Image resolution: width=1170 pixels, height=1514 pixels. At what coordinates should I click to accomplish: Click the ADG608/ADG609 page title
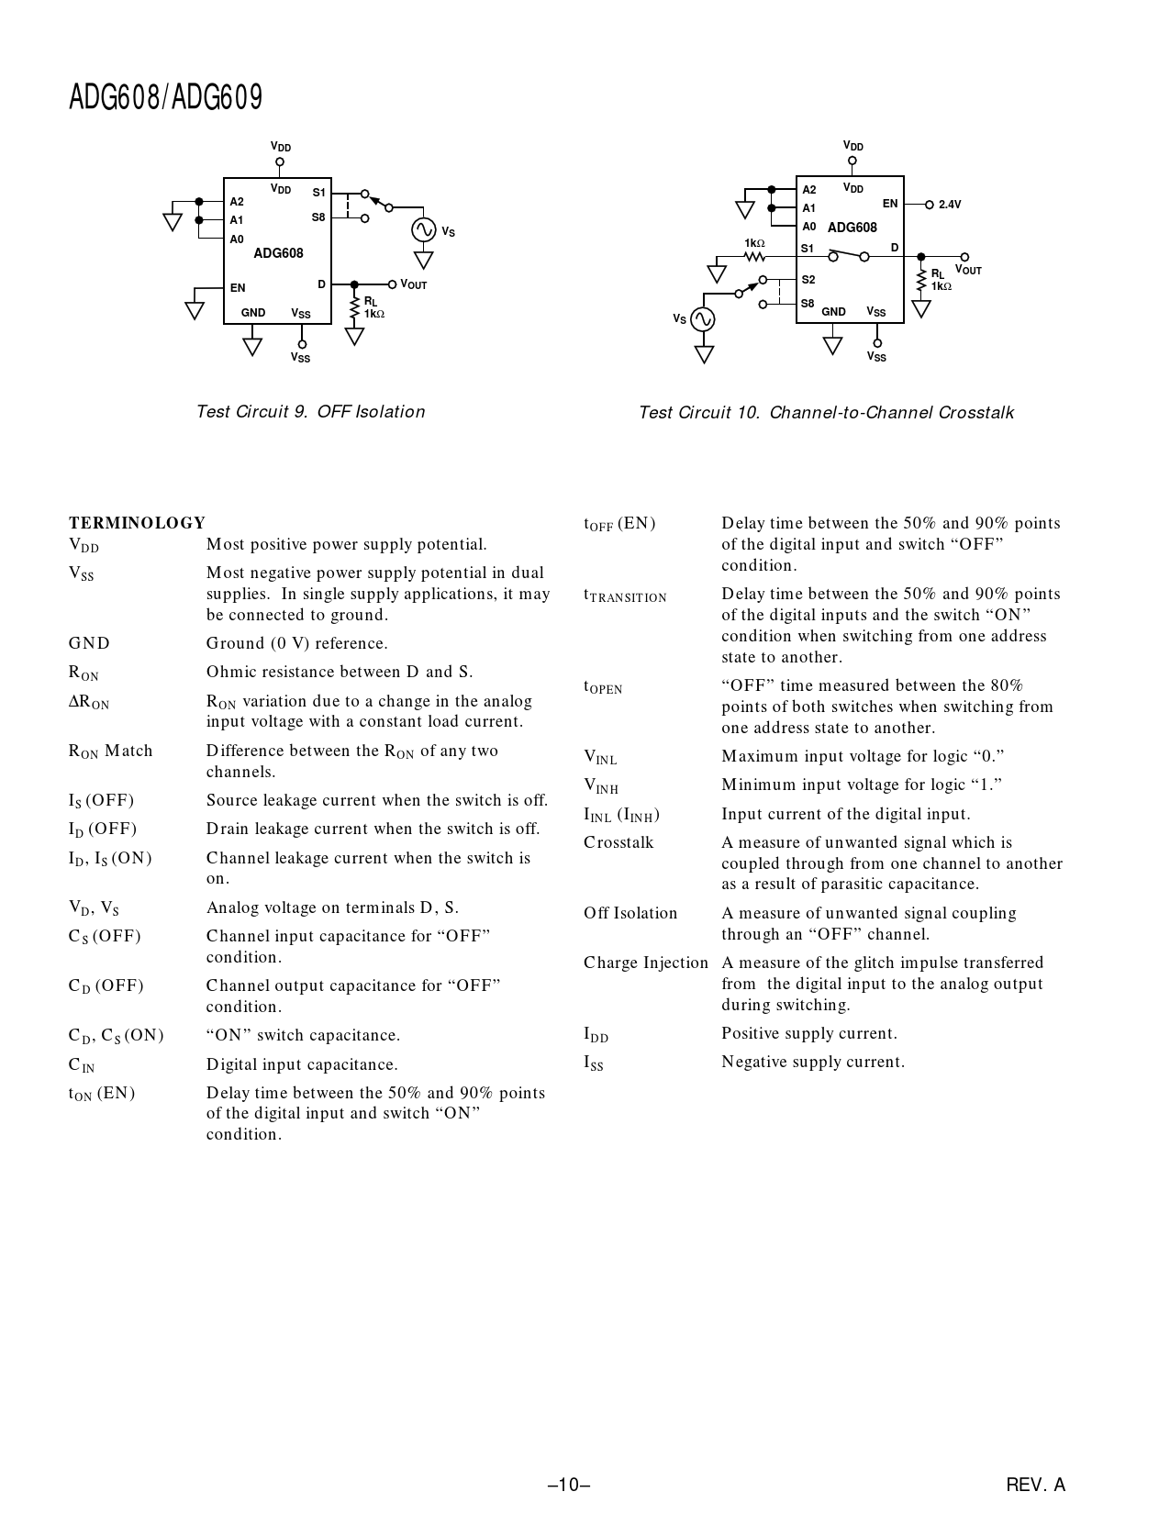[165, 96]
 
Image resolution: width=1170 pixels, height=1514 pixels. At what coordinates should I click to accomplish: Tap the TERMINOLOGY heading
[137, 523]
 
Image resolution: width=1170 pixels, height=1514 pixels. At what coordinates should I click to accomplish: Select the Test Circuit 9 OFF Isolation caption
[310, 412]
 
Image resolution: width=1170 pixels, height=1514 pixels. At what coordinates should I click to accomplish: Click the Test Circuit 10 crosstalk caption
[826, 413]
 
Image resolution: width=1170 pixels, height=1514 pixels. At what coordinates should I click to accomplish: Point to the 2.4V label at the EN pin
[950, 205]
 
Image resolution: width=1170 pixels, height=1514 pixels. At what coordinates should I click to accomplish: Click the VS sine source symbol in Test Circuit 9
[423, 229]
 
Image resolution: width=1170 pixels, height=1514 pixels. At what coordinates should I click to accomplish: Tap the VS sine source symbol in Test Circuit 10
[703, 318]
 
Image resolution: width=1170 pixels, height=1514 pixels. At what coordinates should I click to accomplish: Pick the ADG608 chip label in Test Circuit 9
[278, 253]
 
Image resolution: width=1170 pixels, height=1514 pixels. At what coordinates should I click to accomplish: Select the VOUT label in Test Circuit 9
[414, 285]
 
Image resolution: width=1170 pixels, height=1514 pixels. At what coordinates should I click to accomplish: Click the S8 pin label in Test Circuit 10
[808, 303]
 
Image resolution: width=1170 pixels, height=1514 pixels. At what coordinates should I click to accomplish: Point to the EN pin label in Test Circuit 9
[238, 288]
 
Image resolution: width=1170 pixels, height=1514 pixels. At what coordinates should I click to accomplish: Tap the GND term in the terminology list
[89, 643]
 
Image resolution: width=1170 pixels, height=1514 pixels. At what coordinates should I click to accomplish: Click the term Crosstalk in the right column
[618, 842]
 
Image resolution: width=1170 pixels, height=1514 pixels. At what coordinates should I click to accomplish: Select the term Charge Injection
[646, 963]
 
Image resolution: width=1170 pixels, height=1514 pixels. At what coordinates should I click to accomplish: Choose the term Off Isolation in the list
[630, 913]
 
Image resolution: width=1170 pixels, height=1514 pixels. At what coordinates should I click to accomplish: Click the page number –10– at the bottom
[568, 1485]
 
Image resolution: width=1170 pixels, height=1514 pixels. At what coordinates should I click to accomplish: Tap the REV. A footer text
[1035, 1485]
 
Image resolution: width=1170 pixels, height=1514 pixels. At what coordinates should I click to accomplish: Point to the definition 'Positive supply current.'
[809, 1033]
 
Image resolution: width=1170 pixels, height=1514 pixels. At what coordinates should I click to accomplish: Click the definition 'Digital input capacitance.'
[302, 1064]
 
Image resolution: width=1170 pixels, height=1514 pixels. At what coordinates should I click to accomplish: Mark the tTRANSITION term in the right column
[625, 596]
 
